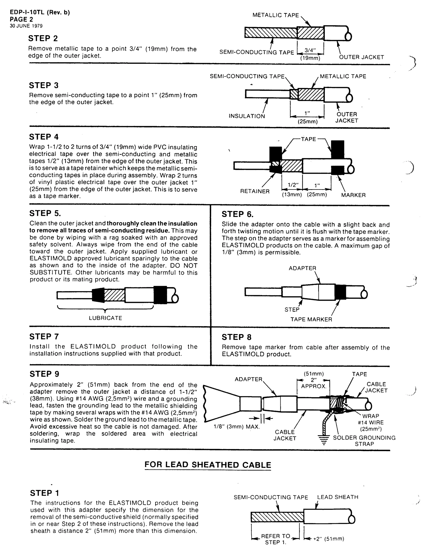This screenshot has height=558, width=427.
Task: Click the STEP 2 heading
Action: click(43, 38)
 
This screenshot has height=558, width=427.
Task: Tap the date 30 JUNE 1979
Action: click(26, 26)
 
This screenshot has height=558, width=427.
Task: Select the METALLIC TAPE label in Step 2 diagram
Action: click(275, 15)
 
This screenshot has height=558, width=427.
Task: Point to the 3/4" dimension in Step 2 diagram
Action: click(310, 50)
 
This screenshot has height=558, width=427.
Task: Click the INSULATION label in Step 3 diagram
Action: click(246, 116)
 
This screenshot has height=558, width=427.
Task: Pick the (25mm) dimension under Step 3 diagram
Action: click(308, 122)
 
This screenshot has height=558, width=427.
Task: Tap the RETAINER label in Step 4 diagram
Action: click(255, 191)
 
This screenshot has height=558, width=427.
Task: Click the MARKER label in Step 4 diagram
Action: click(353, 195)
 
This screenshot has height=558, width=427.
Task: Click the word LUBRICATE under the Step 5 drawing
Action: click(105, 318)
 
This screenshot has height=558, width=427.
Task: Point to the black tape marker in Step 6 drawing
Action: click(340, 292)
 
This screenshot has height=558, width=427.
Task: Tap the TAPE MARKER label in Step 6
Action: click(311, 319)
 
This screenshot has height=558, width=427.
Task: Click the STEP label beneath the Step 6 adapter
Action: click(292, 310)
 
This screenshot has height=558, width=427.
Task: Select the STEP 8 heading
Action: click(236, 337)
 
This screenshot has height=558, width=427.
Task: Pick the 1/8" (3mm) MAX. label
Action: click(237, 427)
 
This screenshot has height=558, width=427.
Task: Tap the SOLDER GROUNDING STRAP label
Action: click(364, 441)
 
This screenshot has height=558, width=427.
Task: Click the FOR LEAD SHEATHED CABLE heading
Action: click(208, 465)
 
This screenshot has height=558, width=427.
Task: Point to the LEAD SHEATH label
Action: click(338, 497)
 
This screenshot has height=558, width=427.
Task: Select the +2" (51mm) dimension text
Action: click(328, 539)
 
